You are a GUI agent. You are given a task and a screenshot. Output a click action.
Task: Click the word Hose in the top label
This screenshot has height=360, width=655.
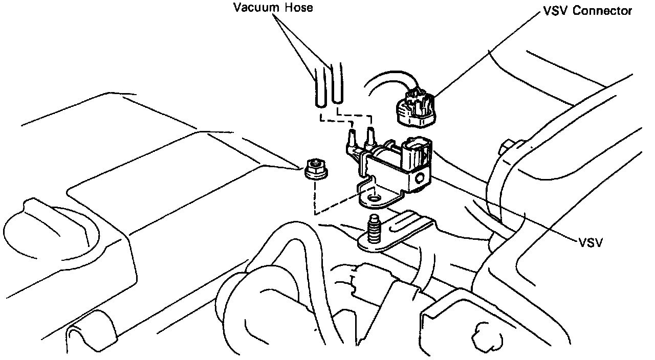point(299,8)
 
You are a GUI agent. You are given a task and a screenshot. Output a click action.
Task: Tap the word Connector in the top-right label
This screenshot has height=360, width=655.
point(602,11)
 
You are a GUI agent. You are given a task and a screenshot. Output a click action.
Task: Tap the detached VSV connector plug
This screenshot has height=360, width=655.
point(414,108)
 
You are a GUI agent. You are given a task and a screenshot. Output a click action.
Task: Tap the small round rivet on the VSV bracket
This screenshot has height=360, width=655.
point(421,178)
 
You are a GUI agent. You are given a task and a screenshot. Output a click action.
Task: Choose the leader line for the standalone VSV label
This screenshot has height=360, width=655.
point(512,210)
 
